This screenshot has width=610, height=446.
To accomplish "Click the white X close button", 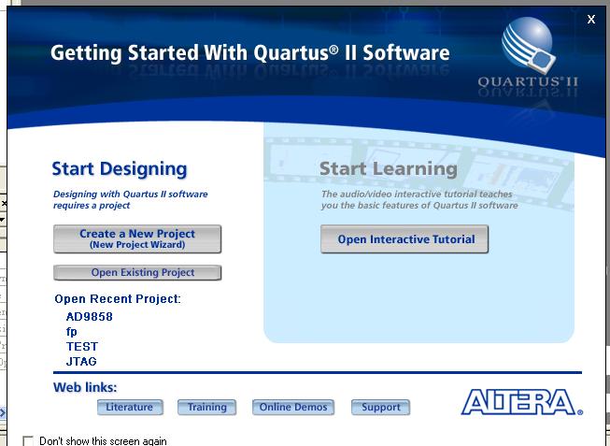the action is [x=591, y=19].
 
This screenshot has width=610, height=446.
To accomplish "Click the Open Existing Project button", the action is [x=137, y=273].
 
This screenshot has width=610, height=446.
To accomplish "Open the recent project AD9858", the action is [x=90, y=317].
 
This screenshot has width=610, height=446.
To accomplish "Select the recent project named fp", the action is [x=72, y=332].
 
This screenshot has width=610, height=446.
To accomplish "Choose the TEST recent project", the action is [x=82, y=347].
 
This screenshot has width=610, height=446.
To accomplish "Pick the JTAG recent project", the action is [x=81, y=362].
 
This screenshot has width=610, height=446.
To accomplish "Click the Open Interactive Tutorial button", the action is [x=404, y=239].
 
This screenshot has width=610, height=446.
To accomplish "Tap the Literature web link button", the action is [x=130, y=407].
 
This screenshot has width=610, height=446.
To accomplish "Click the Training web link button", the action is [x=207, y=407].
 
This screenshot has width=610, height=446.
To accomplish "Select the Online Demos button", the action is [x=293, y=407].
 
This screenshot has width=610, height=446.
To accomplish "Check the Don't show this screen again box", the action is [x=28, y=441].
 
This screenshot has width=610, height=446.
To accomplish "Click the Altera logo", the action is [x=521, y=402].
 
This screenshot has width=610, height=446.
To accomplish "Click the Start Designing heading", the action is [x=120, y=169].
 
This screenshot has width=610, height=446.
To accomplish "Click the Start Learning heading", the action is [x=389, y=169].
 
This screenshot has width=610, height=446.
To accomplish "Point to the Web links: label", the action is [x=85, y=387].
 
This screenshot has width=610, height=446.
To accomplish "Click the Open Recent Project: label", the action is [x=118, y=299].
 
